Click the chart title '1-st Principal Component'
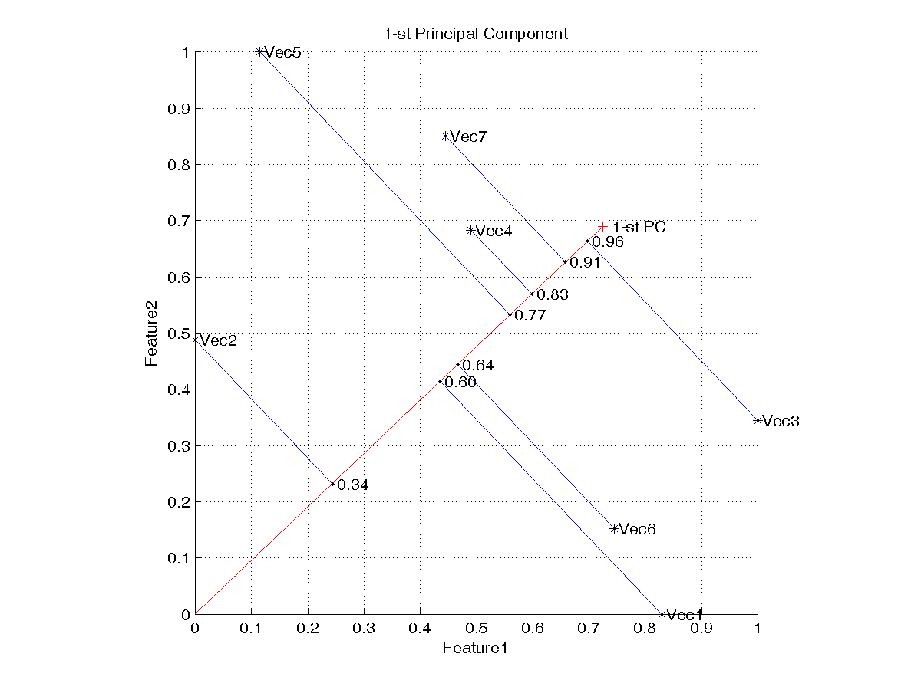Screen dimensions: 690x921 pos(476,34)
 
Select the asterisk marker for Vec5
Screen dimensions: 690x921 pos(260,52)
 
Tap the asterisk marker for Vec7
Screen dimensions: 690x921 pos(445,136)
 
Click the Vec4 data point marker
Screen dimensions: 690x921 pos(471,231)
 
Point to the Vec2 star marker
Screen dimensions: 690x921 pos(196,339)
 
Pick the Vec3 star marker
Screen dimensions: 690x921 pos(758,420)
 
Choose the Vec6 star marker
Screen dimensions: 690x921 pos(614,528)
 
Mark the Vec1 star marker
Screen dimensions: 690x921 pos(662,614)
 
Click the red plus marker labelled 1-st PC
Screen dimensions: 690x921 pos(602,227)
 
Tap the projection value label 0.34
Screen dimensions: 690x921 pos(353,485)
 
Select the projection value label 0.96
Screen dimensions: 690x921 pos(608,242)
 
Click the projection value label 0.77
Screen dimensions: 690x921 pos(530,315)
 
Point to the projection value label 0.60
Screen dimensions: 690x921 pos(460,383)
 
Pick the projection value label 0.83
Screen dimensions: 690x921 pos(553,295)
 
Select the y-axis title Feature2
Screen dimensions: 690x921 pos(153,333)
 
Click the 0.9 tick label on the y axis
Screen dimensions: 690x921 pos(179,108)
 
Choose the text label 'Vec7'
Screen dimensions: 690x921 pos(469,137)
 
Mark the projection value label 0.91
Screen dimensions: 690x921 pos(586,263)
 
